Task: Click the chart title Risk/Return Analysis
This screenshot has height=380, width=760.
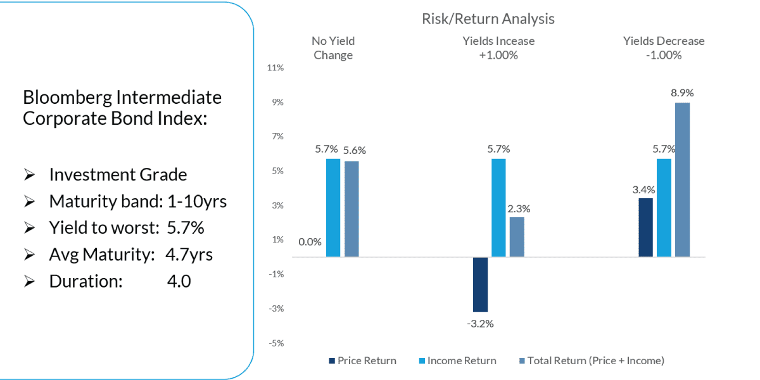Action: click(488, 19)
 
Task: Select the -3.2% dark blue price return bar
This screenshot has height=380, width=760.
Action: click(480, 284)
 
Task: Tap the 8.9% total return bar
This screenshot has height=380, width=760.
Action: click(682, 179)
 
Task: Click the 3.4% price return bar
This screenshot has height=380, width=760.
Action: click(645, 227)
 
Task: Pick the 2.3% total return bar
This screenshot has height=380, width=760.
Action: click(517, 237)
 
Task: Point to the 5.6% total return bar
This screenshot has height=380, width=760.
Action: click(351, 209)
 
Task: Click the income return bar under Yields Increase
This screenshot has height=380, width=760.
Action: click(498, 208)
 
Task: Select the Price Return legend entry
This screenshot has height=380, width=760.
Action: click(362, 361)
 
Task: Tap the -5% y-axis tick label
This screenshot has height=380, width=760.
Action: click(276, 343)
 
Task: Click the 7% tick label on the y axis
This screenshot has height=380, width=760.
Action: click(277, 137)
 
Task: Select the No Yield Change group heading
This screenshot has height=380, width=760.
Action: click(333, 48)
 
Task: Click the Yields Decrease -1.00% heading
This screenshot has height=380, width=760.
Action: click(663, 48)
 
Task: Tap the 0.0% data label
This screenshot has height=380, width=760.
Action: click(310, 241)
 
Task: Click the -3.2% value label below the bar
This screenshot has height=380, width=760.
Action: click(480, 324)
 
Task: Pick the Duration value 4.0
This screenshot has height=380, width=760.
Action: click(179, 281)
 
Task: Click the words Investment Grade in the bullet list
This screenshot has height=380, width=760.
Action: click(118, 175)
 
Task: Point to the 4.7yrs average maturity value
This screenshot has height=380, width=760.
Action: click(189, 255)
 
